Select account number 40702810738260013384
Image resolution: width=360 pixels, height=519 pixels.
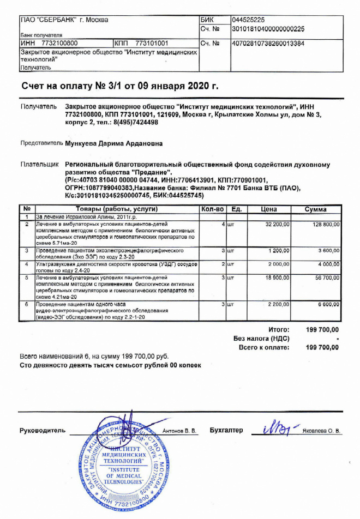pos(268,43)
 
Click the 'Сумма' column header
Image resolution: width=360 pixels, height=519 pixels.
pos(316,209)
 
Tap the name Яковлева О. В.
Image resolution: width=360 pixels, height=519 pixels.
pos(322,431)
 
